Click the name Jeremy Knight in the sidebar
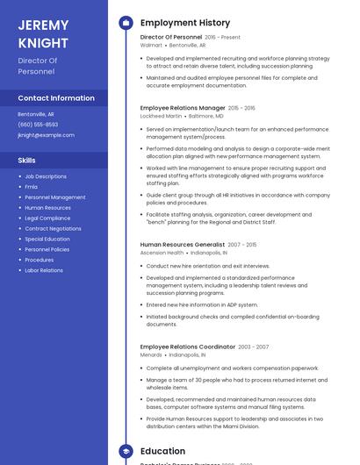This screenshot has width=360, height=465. pos(43,33)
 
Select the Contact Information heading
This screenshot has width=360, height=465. pos(56,98)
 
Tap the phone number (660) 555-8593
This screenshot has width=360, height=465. pos(38,125)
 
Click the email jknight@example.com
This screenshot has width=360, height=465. pos(46,135)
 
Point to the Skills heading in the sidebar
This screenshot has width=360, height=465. pos(27,161)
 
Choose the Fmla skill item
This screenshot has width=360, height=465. pos(32,187)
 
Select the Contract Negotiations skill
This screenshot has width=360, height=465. pos(53,228)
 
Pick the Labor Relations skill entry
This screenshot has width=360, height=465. pos(44,270)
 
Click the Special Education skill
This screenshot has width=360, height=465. pos(47,239)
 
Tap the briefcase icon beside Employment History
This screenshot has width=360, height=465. pos(126,23)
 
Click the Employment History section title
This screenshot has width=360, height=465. pos(185,23)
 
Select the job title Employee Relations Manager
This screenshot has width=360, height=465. pos(183,108)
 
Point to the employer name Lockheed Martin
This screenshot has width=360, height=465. pos(162,116)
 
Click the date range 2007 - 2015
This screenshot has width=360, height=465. pos(242,245)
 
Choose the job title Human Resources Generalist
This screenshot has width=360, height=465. pos(182,245)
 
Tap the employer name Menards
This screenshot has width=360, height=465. pos(151,355)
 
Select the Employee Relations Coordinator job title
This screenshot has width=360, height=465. pos(187,347)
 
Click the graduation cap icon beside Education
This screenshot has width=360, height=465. pos(126,451)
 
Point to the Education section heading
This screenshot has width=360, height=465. pos(163,451)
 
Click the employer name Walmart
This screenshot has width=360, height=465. pos(151,45)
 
